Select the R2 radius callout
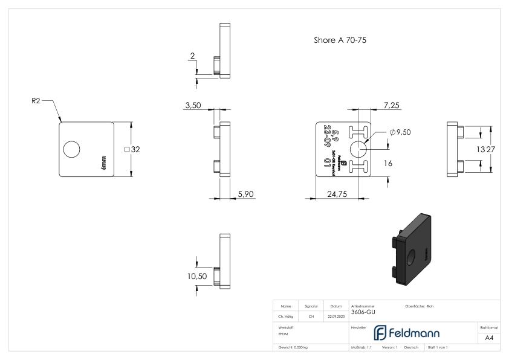(x=37, y=101)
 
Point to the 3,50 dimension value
(x=192, y=105)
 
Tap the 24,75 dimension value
(x=337, y=194)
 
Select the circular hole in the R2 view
(x=71, y=149)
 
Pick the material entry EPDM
(x=284, y=333)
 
